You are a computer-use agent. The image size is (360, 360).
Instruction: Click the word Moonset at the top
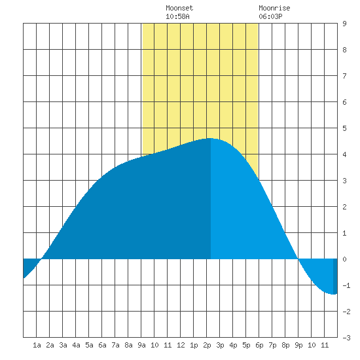pyautogui.click(x=179, y=8)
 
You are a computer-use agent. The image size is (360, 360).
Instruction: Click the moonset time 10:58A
pyautogui.click(x=177, y=16)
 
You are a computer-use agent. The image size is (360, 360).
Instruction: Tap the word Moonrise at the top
pyautogui.click(x=274, y=8)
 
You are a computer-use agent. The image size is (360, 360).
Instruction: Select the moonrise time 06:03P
pyautogui.click(x=270, y=16)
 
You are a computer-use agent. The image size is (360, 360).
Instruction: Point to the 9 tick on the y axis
pyautogui.click(x=344, y=24)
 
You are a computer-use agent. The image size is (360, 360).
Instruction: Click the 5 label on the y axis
pyautogui.click(x=344, y=128)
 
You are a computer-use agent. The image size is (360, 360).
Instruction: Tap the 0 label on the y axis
pyautogui.click(x=344, y=259)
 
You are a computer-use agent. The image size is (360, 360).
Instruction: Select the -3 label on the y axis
pyautogui.click(x=346, y=338)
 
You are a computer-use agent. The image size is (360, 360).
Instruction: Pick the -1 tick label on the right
pyautogui.click(x=346, y=285)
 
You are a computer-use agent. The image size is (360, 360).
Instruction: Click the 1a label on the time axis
pyautogui.click(x=37, y=345)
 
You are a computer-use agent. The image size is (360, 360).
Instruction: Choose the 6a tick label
pyautogui.click(x=102, y=345)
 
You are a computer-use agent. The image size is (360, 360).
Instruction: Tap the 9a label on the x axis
pyautogui.click(x=141, y=345)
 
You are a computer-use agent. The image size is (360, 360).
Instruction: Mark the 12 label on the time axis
pyautogui.click(x=181, y=345)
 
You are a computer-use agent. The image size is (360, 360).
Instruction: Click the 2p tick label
pyautogui.click(x=207, y=345)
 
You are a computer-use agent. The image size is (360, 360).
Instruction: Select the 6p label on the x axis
pyautogui.click(x=259, y=345)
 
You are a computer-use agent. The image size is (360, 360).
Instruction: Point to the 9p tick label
pyautogui.click(x=298, y=345)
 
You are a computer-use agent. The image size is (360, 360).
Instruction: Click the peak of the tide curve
pyautogui.click(x=211, y=138)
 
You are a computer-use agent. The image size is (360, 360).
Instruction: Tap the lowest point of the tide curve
pyautogui.click(x=333, y=294)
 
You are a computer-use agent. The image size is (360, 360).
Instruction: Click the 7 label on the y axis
pyautogui.click(x=344, y=76)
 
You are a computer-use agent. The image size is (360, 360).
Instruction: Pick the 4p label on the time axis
pyautogui.click(x=233, y=345)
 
